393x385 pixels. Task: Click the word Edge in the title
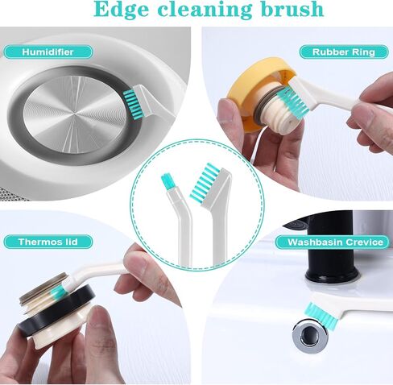[x=122, y=10]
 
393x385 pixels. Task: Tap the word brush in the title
[x=292, y=9]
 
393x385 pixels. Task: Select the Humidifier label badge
[x=48, y=52]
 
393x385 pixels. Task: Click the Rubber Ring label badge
[x=344, y=52]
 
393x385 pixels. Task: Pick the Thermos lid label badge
[x=48, y=242]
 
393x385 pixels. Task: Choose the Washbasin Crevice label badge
[x=333, y=242]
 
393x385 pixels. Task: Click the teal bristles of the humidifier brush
[x=129, y=104]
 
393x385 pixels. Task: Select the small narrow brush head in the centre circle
[x=168, y=181]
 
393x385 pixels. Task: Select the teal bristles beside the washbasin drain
[x=321, y=315]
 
